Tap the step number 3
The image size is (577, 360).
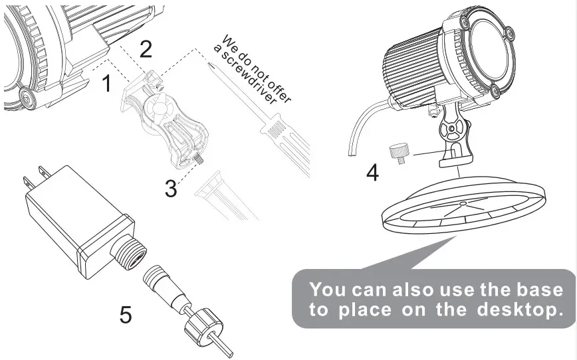click(172, 189)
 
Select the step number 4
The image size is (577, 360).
click(373, 173)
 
